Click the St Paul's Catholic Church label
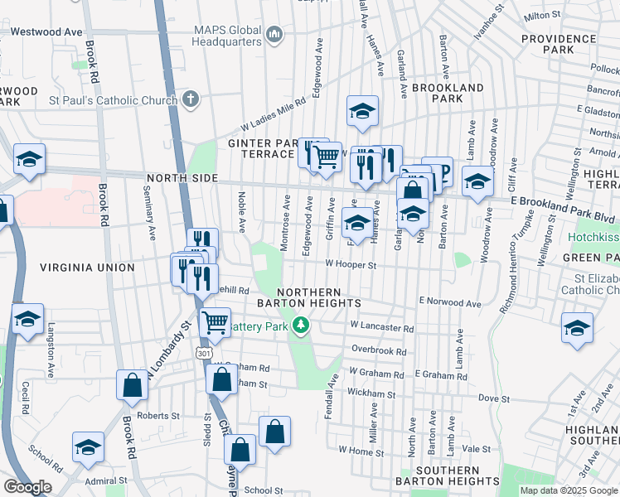[114, 101]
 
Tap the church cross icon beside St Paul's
[191, 100]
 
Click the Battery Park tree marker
[303, 325]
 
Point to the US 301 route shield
[204, 354]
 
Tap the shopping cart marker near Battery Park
[216, 321]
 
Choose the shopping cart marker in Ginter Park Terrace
[326, 155]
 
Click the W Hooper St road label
[351, 265]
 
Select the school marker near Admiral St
[88, 447]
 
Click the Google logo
[27, 487]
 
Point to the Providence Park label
[547, 44]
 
